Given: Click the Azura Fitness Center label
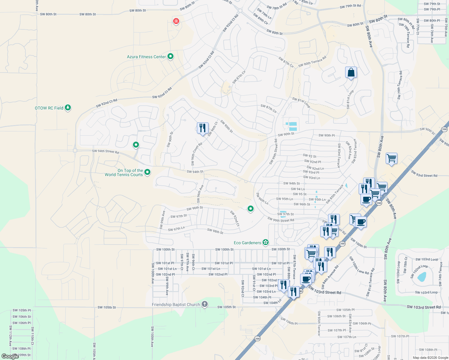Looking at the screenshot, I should tap(146, 57).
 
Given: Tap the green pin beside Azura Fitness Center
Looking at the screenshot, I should tap(170, 56).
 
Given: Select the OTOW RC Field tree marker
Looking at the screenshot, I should tap(68, 107).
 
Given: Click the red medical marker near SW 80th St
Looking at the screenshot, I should tap(176, 21).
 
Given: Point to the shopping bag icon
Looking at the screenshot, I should tap(351, 73).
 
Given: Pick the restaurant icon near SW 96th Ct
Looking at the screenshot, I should tap(203, 128).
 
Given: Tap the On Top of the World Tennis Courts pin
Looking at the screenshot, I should tap(147, 172).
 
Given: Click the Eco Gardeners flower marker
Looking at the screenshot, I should tap(265, 242).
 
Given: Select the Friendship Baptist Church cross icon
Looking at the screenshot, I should tap(204, 304).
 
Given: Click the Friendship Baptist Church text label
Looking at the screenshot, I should tap(176, 304).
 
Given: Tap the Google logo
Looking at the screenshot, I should tap(10, 356).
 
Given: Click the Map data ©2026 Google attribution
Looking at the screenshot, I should tap(430, 358).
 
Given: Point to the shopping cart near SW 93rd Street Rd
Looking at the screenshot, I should tap(391, 158).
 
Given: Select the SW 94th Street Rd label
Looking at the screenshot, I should tap(105, 151).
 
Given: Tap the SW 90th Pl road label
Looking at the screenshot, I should tap(327, 135).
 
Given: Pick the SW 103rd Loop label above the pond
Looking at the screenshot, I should tap(426, 259).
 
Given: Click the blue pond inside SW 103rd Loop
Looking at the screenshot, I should tap(422, 277).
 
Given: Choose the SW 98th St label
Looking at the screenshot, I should tap(215, 231).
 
